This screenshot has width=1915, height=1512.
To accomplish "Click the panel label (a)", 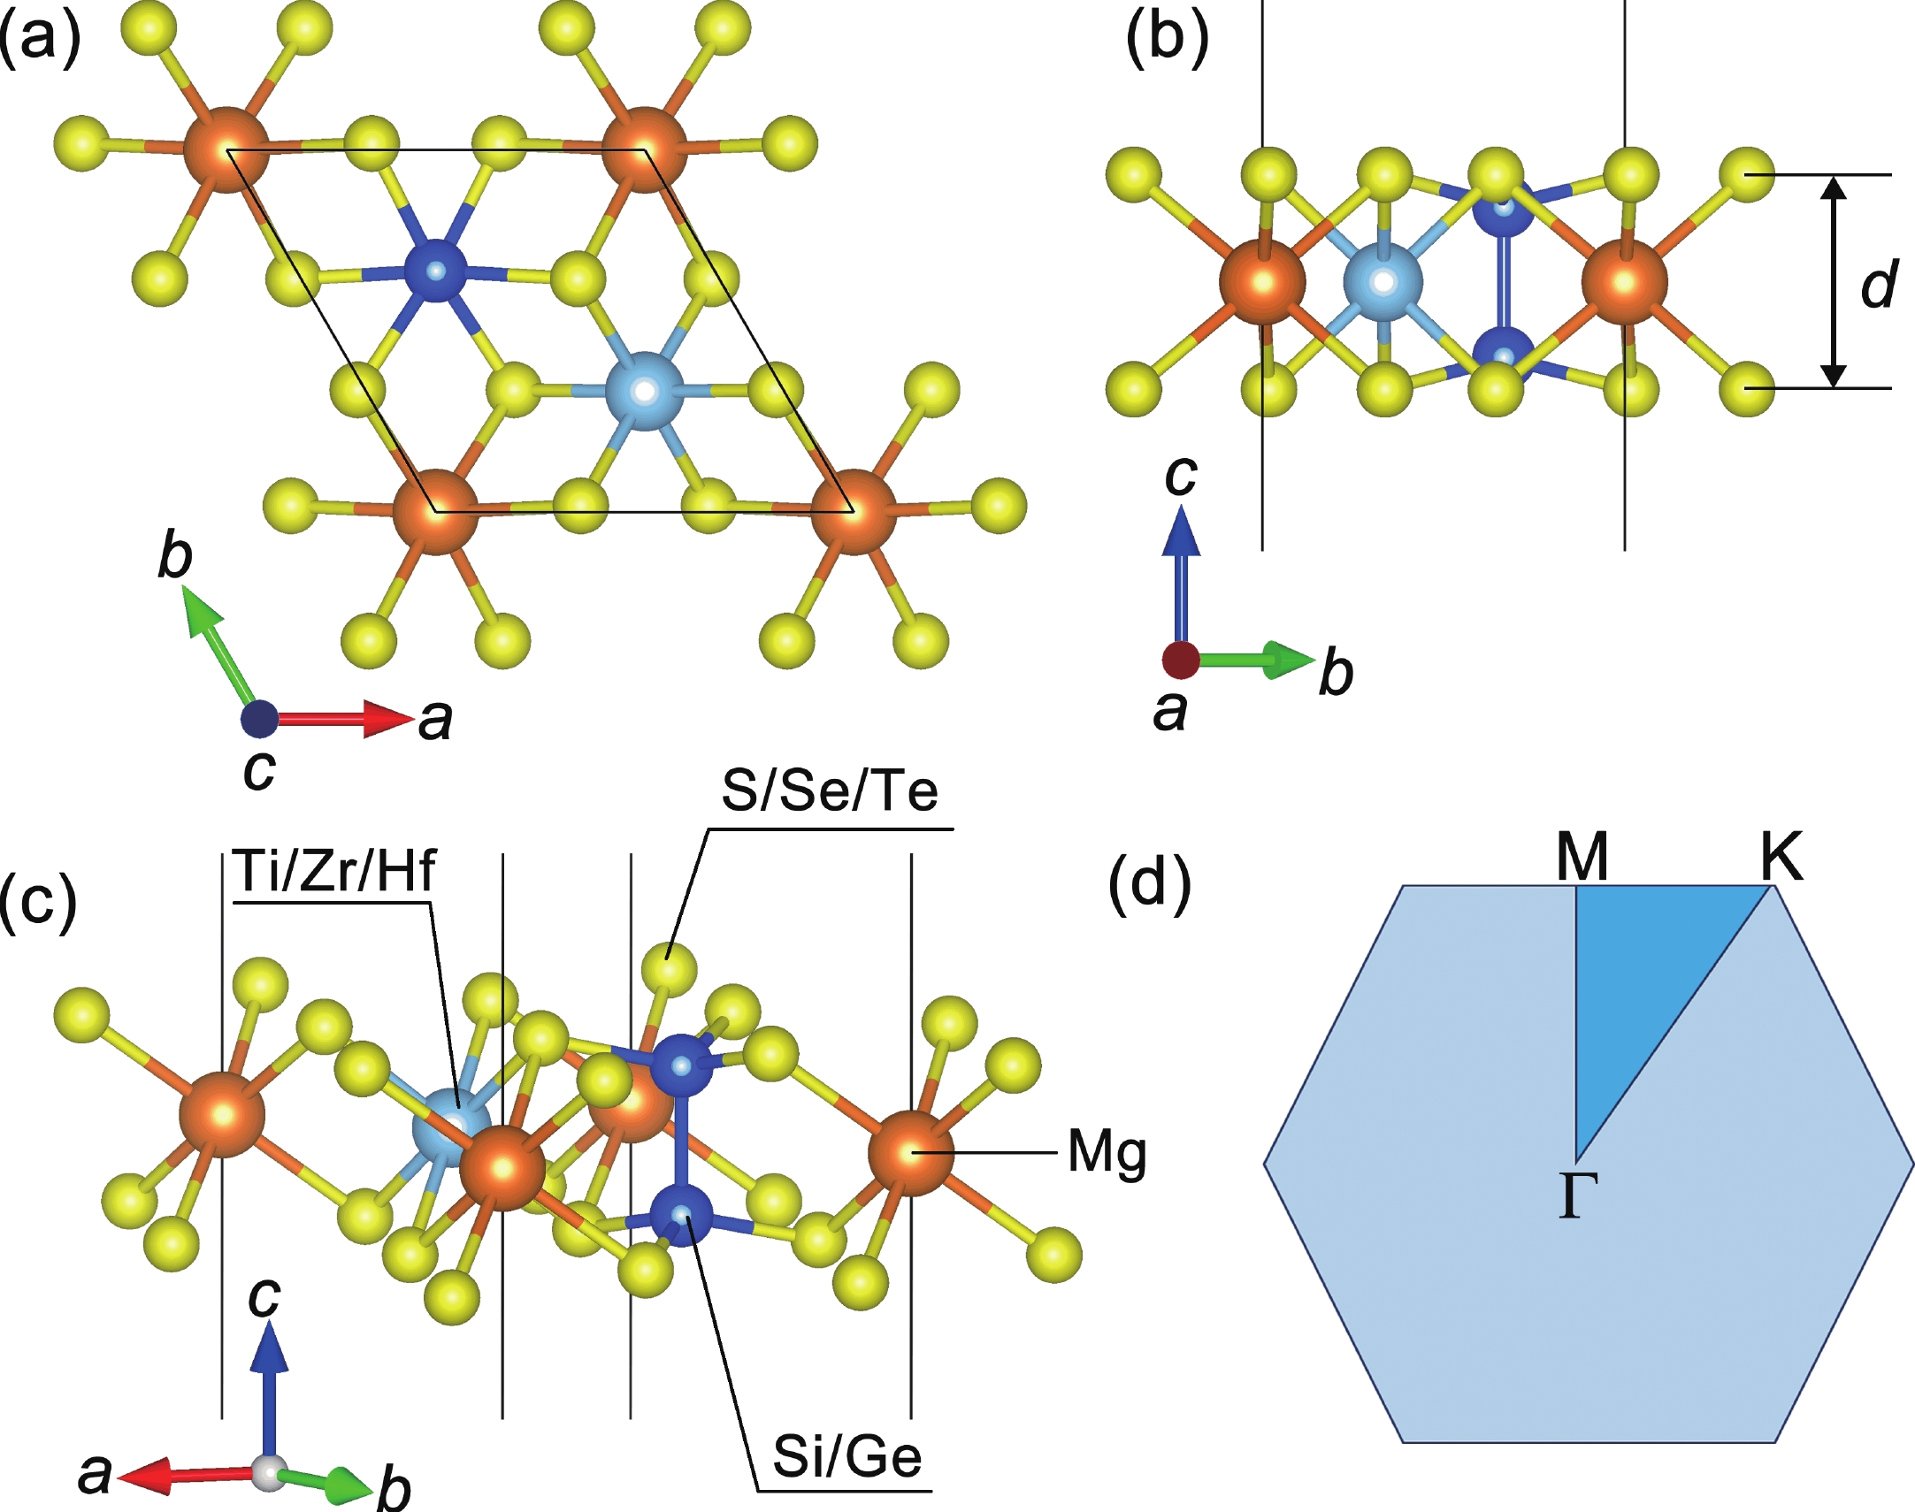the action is pyautogui.click(x=40, y=41).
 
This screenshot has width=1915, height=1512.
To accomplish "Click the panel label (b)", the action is pyautogui.click(x=1167, y=41).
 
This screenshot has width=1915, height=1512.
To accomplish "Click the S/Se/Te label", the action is pyautogui.click(x=830, y=790).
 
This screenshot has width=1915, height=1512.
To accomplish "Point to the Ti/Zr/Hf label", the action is pyautogui.click(x=335, y=870).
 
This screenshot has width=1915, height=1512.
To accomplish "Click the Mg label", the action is pyautogui.click(x=1107, y=1155).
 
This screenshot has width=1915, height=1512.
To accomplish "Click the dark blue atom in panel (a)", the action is pyautogui.click(x=434, y=269).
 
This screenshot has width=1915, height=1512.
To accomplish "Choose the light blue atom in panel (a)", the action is pyautogui.click(x=646, y=391).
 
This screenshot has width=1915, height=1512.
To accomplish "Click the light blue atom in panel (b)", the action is pyautogui.click(x=1382, y=282).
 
